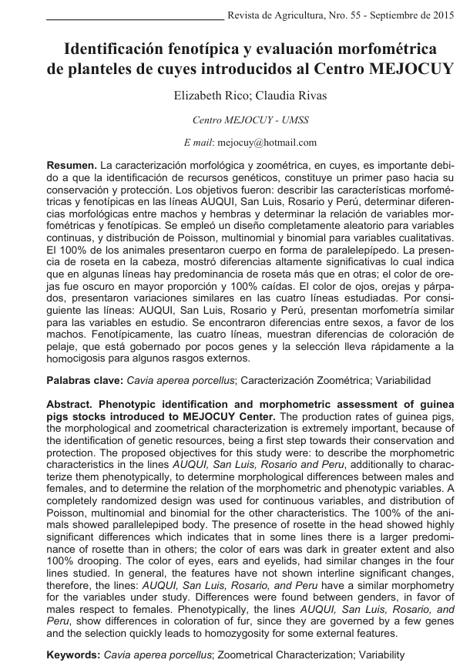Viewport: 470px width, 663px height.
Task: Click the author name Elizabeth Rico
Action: coord(201,96)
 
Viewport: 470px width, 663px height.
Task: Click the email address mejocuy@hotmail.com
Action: coord(267,143)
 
